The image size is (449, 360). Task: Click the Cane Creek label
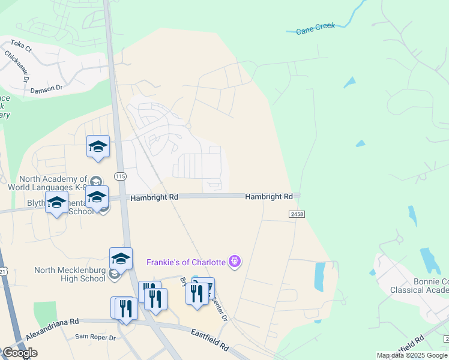tap(315, 28)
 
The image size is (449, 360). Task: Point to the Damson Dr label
tap(46, 88)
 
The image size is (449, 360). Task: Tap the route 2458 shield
tap(297, 214)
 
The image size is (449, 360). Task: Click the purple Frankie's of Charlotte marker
tap(235, 262)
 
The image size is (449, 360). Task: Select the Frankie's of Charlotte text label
tap(186, 262)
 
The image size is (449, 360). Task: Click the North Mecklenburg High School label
tap(70, 274)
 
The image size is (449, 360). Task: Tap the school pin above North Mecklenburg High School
tap(121, 259)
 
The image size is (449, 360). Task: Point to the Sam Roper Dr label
tap(95, 337)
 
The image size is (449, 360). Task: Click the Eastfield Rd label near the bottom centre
tap(209, 340)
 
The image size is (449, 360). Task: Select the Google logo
tap(20, 353)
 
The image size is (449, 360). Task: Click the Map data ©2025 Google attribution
tap(412, 355)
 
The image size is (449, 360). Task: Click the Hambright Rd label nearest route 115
tap(154, 197)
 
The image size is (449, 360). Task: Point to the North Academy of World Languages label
tap(53, 183)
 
